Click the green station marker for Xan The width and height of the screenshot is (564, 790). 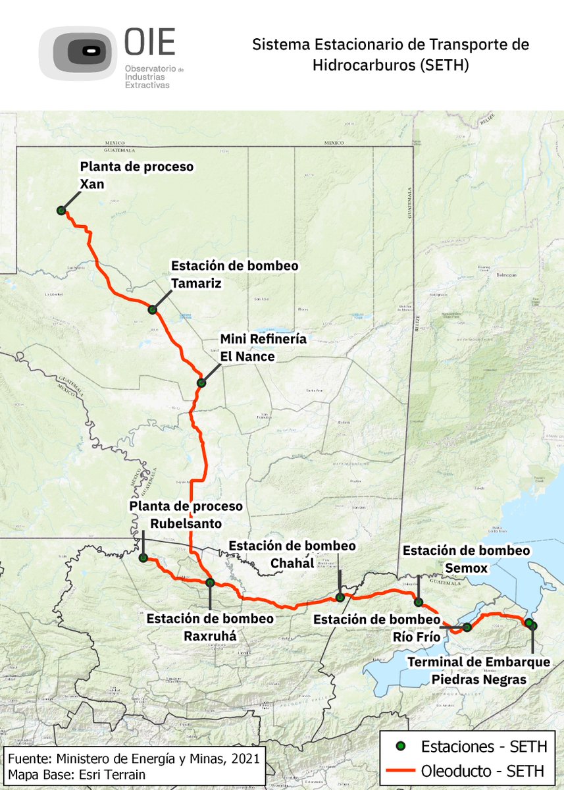[61, 211]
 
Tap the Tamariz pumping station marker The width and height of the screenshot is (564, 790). [152, 309]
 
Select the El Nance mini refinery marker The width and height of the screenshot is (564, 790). [201, 382]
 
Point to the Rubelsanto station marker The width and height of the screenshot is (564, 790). [143, 558]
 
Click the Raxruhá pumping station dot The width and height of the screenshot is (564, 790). [210, 583]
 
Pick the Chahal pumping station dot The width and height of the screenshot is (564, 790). [340, 597]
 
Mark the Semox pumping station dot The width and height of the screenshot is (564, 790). [418, 602]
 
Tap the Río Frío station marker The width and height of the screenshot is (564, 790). [467, 627]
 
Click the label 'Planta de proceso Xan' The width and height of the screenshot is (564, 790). [136, 175]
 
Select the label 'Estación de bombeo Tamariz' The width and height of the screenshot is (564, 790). [234, 274]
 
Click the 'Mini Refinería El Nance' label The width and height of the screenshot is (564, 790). [263, 348]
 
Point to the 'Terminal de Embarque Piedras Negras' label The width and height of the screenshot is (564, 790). [478, 670]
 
